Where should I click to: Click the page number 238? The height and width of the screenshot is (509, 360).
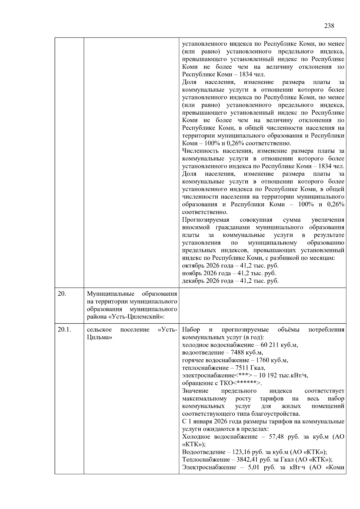tap(329, 26)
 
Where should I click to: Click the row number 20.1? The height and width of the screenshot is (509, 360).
tap(64, 330)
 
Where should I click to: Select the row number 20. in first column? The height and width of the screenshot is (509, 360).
tap(62, 294)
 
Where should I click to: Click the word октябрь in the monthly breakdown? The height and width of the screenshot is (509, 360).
tap(192, 266)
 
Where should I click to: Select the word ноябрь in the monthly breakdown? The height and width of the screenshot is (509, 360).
tap(191, 273)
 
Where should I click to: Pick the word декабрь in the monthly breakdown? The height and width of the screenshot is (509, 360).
tap(192, 281)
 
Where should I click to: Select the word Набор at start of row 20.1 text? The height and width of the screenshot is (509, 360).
tap(191, 330)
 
